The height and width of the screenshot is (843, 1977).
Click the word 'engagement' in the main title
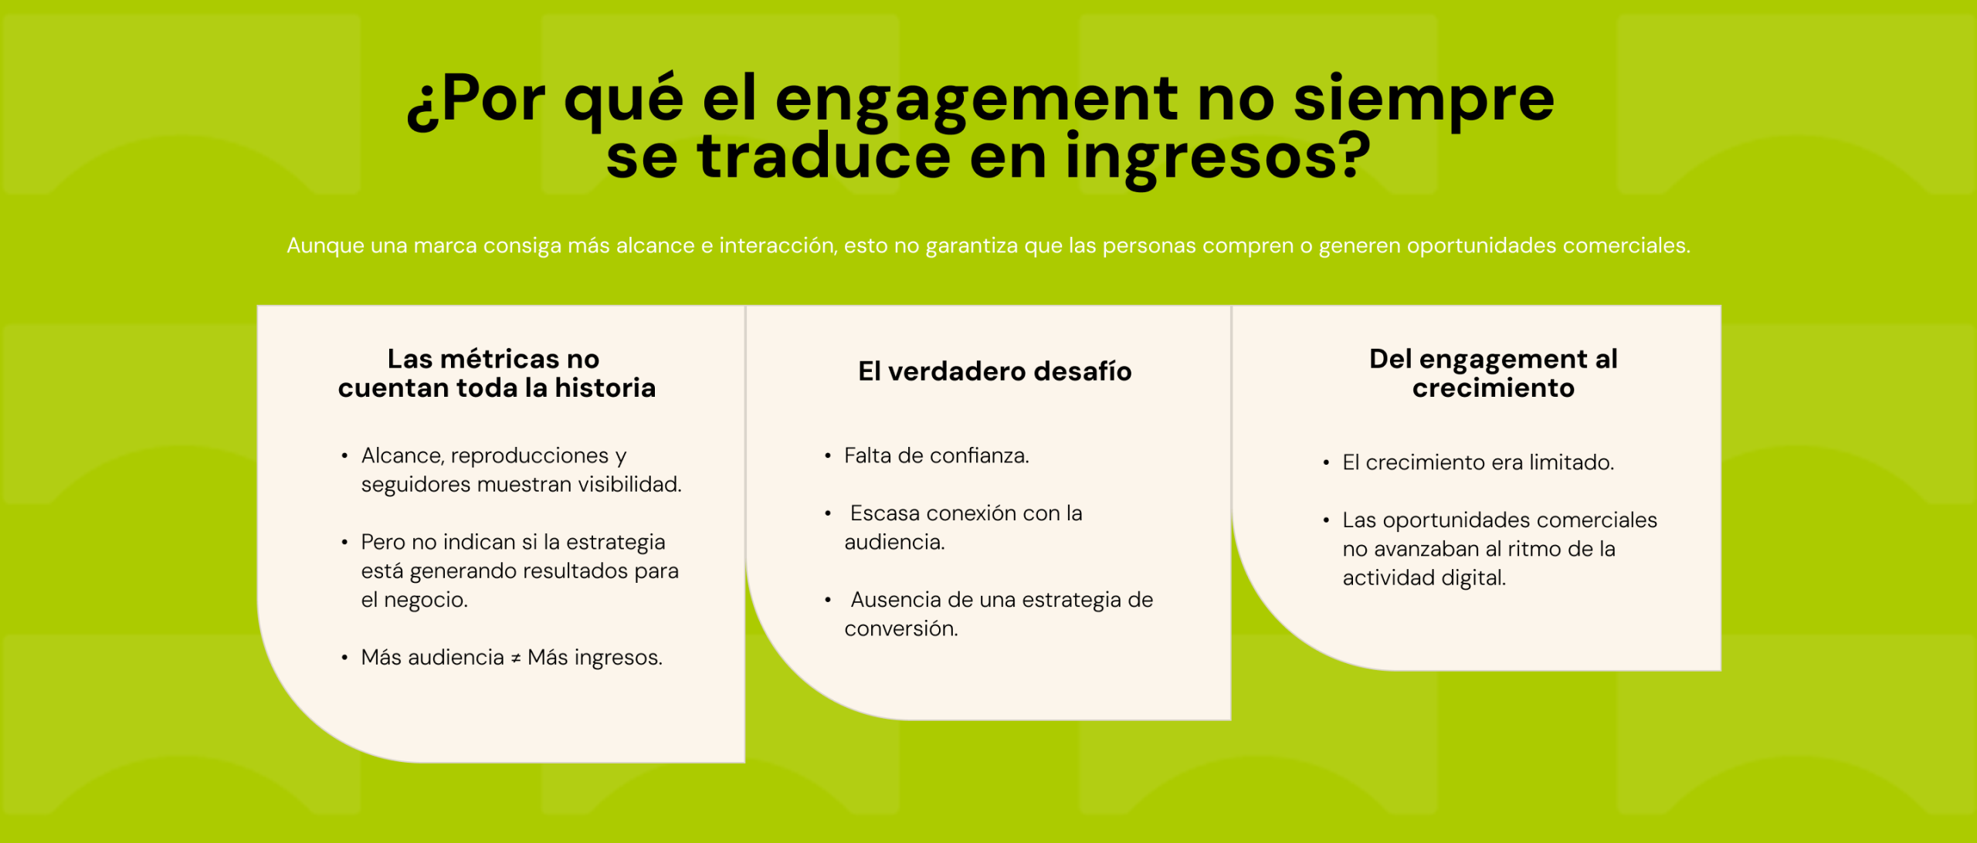pyautogui.click(x=976, y=103)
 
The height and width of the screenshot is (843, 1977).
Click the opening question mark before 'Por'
pyautogui.click(x=423, y=109)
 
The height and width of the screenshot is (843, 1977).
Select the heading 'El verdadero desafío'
pyautogui.click(x=995, y=371)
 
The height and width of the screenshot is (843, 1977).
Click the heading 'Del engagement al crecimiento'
pyautogui.click(x=1493, y=374)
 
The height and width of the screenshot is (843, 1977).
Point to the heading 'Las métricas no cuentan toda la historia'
pyautogui.click(x=497, y=374)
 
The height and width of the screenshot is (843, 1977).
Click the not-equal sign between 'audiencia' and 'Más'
pyautogui.click(x=516, y=658)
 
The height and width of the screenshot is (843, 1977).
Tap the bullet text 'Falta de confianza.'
pyautogui.click(x=936, y=455)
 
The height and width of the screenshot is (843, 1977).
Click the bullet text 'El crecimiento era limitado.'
pyautogui.click(x=1478, y=462)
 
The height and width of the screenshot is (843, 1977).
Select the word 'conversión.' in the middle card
pyautogui.click(x=900, y=629)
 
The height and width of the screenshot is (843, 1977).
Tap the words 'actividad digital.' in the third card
pyautogui.click(x=1424, y=578)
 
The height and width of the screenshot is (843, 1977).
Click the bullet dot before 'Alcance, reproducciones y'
pyautogui.click(x=344, y=456)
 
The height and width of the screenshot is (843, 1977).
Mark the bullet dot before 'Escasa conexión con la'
pyautogui.click(x=828, y=513)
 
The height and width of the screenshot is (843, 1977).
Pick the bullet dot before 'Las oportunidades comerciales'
pyautogui.click(x=1326, y=520)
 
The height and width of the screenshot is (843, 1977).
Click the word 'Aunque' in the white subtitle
pyautogui.click(x=325, y=245)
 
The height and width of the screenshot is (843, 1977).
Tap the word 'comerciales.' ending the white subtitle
pyautogui.click(x=1626, y=245)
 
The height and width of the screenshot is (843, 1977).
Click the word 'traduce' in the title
pyautogui.click(x=824, y=157)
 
